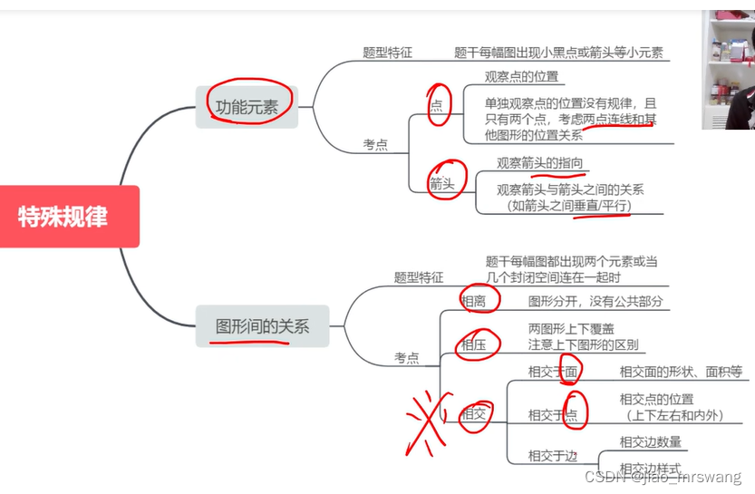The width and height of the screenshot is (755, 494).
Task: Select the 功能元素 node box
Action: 247,106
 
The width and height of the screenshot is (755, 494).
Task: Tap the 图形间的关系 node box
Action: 262,326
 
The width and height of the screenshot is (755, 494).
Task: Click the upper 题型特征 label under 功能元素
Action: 387,53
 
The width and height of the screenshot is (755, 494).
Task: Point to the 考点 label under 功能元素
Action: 375,145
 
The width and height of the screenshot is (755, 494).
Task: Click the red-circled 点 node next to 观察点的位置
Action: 438,105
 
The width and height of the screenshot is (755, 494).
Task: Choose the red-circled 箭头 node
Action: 445,184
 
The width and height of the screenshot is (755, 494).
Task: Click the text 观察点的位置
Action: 521,77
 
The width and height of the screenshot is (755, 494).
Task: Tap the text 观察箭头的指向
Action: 539,163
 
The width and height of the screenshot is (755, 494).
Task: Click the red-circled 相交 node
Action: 474,415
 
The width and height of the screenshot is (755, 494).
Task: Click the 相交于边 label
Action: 552,456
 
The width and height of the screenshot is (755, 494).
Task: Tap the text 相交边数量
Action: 650,442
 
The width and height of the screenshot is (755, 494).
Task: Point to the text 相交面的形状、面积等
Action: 681,372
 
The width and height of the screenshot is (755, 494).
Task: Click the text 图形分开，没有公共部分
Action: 595,301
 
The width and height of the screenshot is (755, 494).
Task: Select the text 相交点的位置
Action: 656,399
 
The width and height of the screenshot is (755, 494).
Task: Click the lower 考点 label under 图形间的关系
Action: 406,358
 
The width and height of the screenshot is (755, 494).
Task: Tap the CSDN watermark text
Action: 663,477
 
